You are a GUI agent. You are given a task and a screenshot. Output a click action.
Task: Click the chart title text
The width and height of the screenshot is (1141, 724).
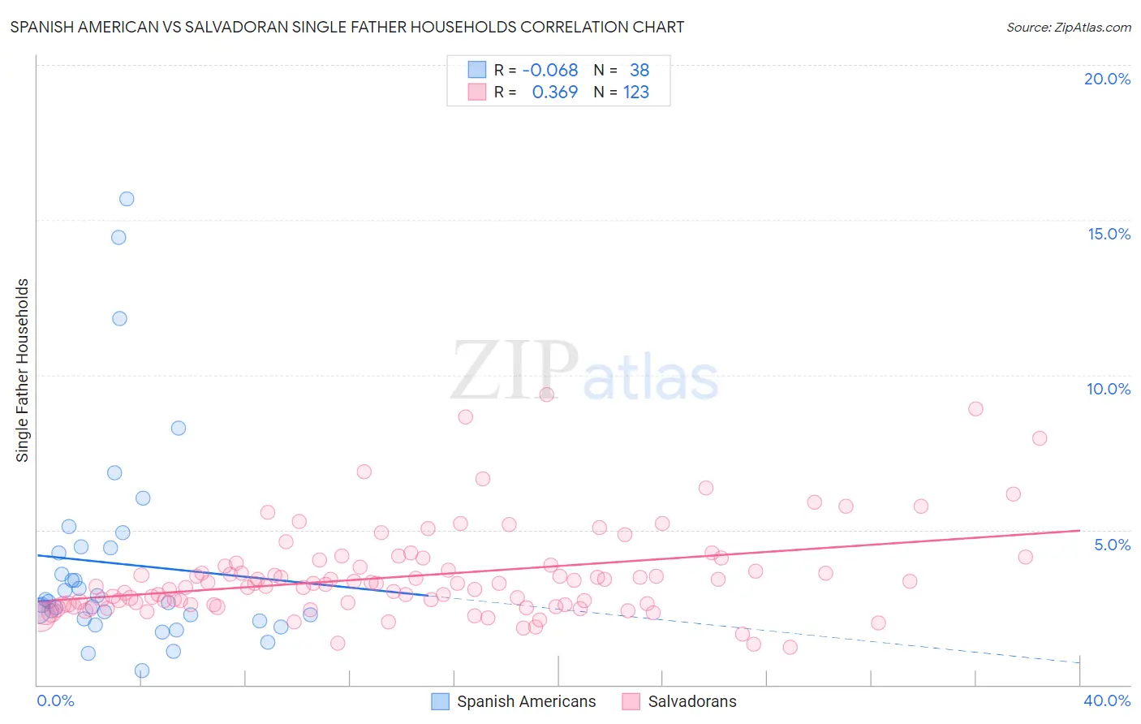[347, 27]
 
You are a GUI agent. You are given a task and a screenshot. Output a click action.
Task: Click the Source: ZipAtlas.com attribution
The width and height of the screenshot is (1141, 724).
[1068, 27]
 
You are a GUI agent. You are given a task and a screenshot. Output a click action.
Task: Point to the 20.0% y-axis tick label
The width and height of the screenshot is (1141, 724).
[1107, 79]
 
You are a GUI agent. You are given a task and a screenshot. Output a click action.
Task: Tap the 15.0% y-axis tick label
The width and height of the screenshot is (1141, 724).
[1109, 234]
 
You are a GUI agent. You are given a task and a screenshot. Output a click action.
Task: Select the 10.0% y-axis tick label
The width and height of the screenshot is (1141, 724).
[1109, 389]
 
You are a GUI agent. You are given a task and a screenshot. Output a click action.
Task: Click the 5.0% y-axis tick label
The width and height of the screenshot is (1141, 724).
[1112, 545]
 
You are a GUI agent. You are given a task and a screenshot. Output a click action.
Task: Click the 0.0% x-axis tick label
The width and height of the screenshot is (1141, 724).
[55, 700]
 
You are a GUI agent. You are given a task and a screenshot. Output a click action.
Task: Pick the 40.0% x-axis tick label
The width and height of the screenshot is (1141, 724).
[1107, 700]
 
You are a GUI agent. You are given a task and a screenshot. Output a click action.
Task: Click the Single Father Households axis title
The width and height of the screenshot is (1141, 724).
[23, 370]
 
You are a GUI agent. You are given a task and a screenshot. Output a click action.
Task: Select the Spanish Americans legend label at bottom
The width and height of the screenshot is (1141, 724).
[526, 701]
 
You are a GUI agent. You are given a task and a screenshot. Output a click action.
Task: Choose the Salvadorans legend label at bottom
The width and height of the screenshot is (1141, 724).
[692, 701]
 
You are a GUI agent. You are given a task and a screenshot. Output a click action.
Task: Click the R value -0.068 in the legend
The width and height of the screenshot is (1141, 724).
[550, 71]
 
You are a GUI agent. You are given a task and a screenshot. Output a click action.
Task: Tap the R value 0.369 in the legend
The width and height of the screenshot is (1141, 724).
[555, 93]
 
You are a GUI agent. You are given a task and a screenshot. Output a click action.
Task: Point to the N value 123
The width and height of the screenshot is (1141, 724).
[636, 93]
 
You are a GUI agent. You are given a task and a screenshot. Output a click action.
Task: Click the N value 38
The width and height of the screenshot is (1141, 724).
[639, 71]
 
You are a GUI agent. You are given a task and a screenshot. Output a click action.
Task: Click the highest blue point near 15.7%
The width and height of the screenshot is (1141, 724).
[127, 199]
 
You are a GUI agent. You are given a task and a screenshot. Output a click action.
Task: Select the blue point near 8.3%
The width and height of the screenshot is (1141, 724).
[179, 428]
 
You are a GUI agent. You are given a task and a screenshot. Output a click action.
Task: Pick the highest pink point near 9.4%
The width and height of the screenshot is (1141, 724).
[547, 394]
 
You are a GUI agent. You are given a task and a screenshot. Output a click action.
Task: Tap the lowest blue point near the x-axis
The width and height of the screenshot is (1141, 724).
[142, 670]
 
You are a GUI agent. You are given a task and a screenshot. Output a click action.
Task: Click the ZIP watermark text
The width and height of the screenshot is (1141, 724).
[515, 370]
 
